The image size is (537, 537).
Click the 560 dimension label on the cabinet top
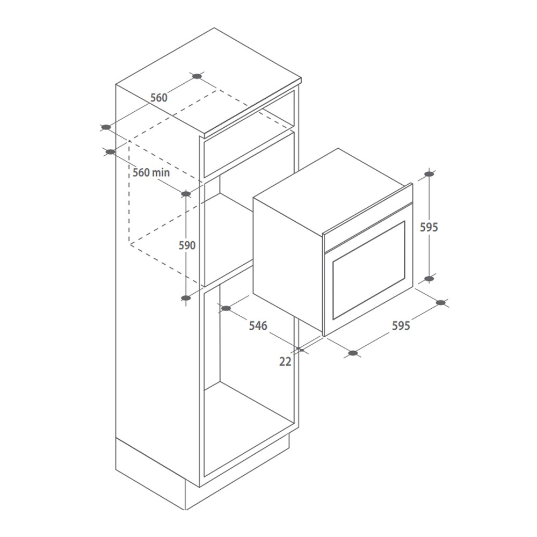[x=159, y=98]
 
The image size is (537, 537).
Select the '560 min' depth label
[x=151, y=172]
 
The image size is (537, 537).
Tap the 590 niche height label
[x=187, y=245]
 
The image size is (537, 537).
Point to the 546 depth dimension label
[x=258, y=325]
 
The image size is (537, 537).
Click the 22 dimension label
[x=285, y=361]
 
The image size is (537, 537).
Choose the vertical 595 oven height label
[x=429, y=227]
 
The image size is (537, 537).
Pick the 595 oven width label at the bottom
[x=401, y=325]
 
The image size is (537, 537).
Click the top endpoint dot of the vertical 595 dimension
[x=429, y=174]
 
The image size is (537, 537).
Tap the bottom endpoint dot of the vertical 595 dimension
[x=429, y=279]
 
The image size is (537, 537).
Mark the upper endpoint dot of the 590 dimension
[x=186, y=194]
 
